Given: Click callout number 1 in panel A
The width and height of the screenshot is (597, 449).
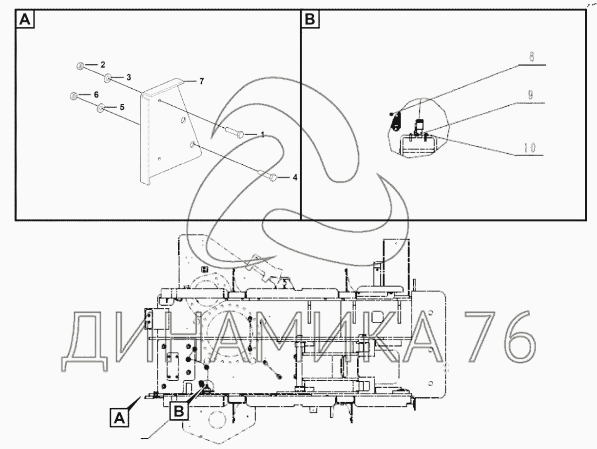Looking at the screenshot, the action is tap(263, 135).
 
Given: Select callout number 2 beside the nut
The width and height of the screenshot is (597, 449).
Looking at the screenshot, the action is tap(102, 65).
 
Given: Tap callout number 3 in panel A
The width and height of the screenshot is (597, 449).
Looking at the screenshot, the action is tap(129, 77).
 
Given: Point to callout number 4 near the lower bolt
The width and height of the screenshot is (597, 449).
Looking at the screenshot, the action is tap(295, 177).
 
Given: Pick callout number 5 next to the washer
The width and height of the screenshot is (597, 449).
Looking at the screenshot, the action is tap(122, 107).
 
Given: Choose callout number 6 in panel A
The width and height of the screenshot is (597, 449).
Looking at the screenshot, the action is tap(96, 95).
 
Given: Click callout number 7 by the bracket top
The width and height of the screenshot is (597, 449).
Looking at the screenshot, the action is tap(202, 81).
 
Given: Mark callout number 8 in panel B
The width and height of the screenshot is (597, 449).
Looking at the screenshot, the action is tap(532, 58).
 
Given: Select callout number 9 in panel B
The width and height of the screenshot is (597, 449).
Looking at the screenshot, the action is tap(530, 95).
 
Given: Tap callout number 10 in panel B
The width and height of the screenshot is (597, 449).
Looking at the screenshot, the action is tap(529, 148).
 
